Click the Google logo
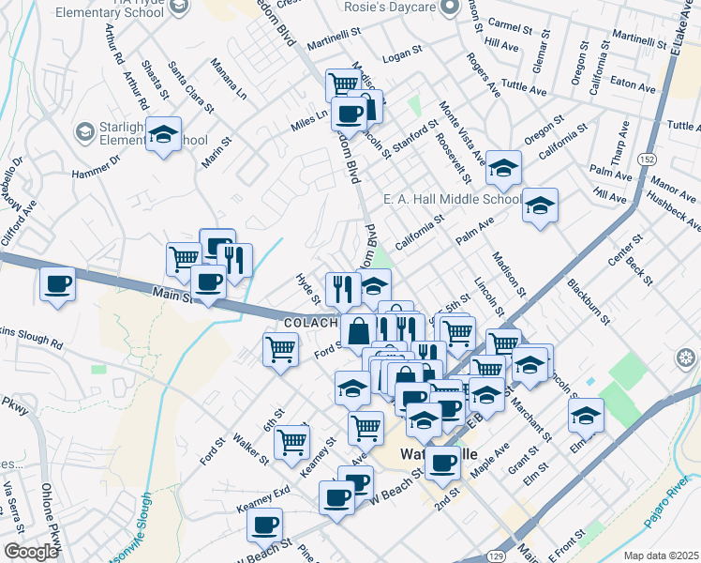tap(31, 552)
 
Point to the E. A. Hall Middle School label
tap(452, 199)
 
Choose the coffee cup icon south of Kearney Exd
tap(265, 525)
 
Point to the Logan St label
tap(403, 55)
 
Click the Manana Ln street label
tap(228, 80)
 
